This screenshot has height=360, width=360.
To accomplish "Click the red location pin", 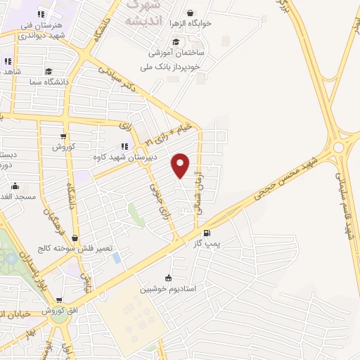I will [x=181, y=165].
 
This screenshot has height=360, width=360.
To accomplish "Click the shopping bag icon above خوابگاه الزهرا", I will [x=191, y=12].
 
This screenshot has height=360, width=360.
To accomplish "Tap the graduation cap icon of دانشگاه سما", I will [x=48, y=70].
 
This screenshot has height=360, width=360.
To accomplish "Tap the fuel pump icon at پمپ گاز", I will [x=206, y=233].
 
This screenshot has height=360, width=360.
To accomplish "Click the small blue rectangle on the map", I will [x=116, y=258].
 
